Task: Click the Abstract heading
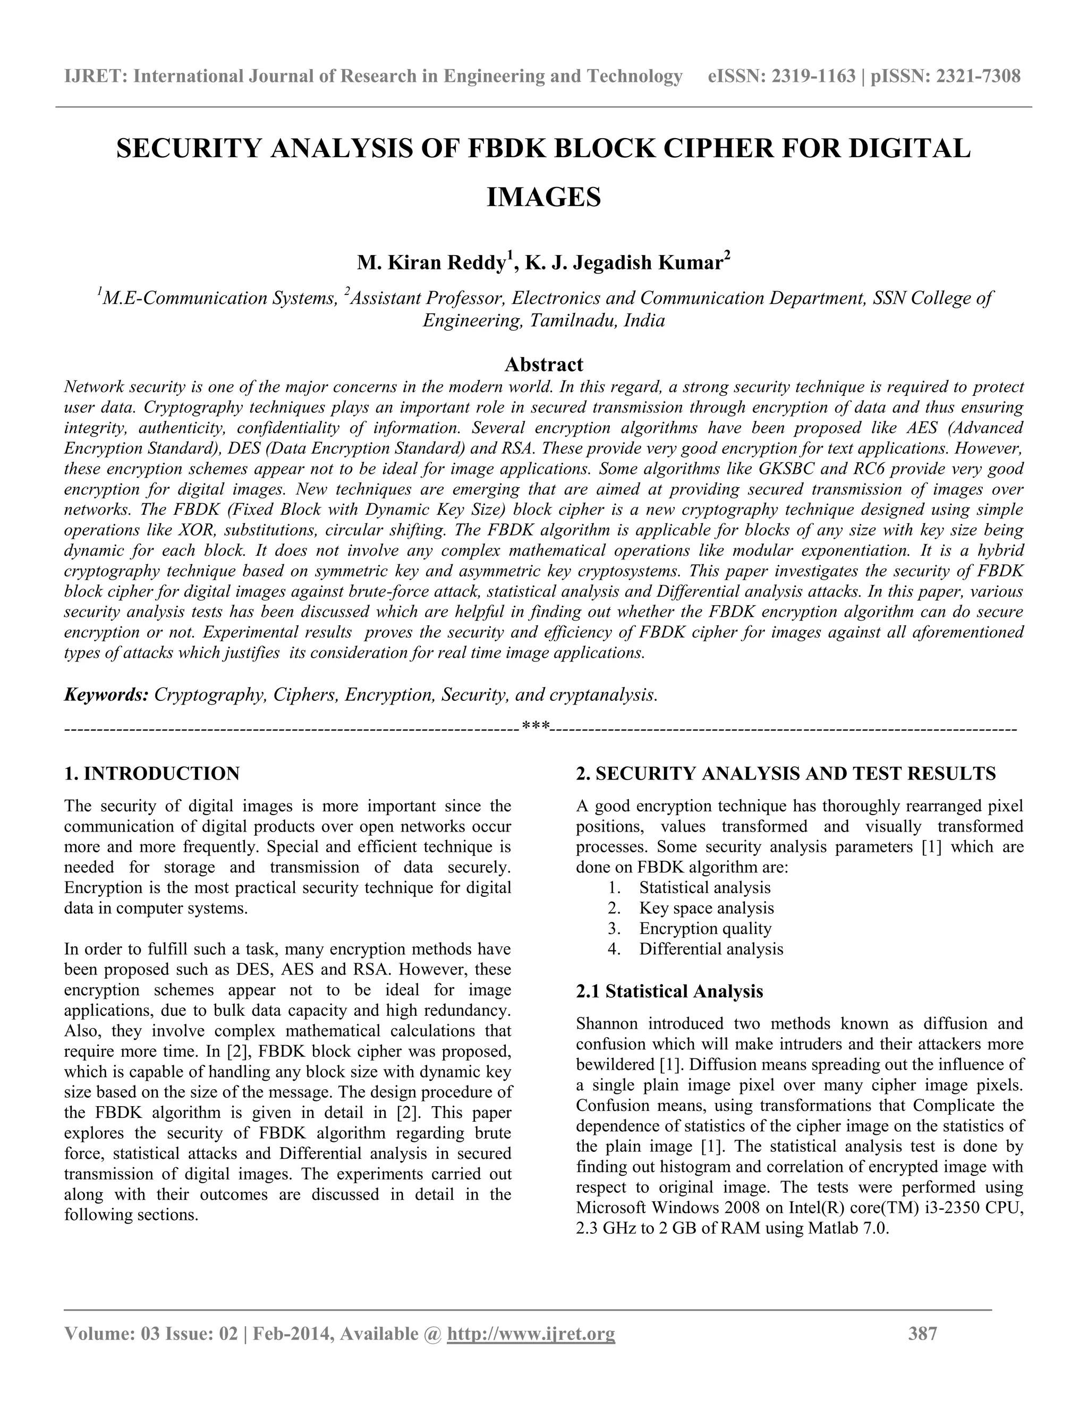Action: point(543,364)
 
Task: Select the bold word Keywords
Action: point(106,694)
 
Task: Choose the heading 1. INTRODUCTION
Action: point(152,774)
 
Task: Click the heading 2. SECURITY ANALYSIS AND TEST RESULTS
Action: point(786,774)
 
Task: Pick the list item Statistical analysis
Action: point(704,888)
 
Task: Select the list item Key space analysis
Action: point(707,909)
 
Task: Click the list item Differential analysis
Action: point(711,949)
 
